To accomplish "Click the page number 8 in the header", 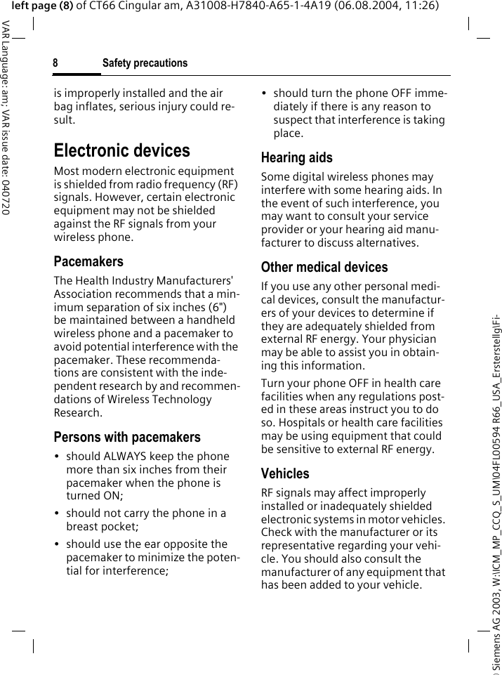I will point(55,63).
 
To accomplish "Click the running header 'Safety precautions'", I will point(145,63).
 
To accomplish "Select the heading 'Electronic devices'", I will point(121,150).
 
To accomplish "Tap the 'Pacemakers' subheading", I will point(88,261).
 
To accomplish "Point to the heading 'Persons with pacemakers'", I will point(127,437).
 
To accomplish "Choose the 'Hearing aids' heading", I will point(296,157).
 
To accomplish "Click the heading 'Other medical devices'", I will point(324,267).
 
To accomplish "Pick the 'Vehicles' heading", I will point(284,473).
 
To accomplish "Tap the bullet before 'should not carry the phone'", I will point(58,513).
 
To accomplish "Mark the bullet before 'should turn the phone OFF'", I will point(265,93).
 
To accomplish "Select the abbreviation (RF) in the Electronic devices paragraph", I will point(227,184).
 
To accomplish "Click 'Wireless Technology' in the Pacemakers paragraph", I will point(161,400).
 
